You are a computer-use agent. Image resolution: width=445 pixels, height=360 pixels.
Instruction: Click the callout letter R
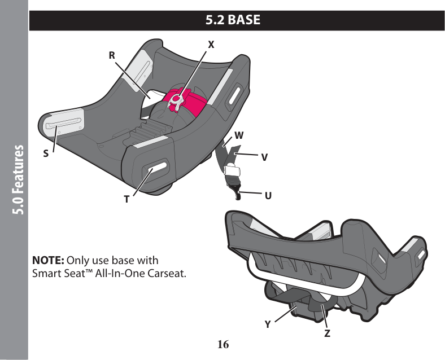point(112,55)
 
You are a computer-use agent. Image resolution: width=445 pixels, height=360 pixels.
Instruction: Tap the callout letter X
point(211,43)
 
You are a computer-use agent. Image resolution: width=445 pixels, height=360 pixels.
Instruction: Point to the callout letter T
point(127,199)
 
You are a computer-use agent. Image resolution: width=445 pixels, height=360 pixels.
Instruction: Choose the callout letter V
point(264,157)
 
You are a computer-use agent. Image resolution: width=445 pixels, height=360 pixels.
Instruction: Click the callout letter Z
point(328,333)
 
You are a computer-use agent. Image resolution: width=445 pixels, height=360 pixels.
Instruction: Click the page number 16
point(223,344)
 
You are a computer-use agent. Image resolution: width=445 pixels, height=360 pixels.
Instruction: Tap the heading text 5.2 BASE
point(233,20)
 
